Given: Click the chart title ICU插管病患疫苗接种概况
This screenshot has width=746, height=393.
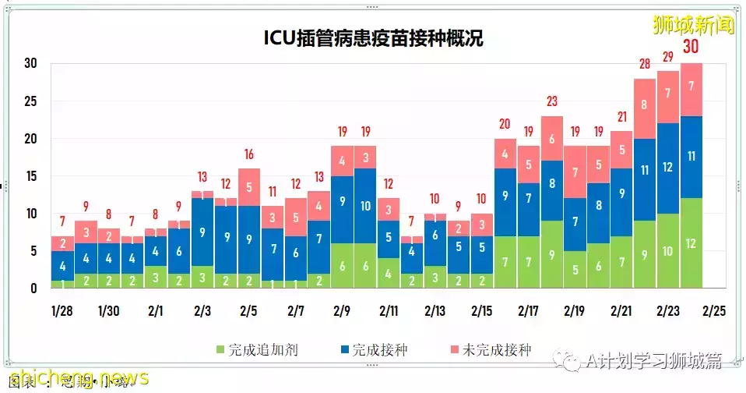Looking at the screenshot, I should [x=373, y=37].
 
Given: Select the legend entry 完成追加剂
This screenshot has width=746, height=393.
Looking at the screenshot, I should [x=248, y=349].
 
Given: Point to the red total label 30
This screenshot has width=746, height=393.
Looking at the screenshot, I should [x=691, y=47].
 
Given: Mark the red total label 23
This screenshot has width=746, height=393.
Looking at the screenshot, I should [x=551, y=101].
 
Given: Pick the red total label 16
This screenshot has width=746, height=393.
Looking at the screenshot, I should [x=249, y=154].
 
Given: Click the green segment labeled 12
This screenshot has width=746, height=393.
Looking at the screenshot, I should [x=691, y=243].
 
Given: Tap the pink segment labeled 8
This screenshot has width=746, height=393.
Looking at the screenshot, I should [x=645, y=105].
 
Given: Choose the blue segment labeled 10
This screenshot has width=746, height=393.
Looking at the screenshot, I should [x=365, y=206].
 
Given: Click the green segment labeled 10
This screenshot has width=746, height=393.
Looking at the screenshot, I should [x=668, y=251].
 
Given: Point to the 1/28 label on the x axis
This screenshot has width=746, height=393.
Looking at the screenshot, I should [x=62, y=310].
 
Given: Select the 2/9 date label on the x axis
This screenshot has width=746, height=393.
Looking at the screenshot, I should [x=343, y=310].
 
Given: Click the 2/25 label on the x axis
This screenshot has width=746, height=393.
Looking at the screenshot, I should [x=714, y=310].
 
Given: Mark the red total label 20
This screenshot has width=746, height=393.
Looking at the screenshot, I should [x=505, y=124].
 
